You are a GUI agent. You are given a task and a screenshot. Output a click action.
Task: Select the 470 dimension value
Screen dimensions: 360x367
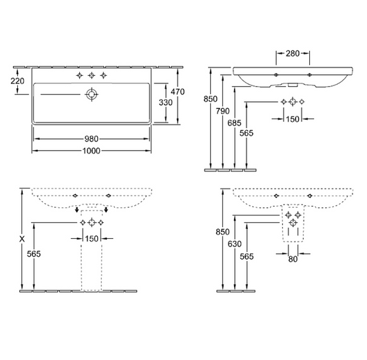[178, 91]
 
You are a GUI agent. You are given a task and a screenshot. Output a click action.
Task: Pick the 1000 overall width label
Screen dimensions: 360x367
[91, 151]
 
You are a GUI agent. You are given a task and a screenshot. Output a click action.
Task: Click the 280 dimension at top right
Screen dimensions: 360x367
[292, 53]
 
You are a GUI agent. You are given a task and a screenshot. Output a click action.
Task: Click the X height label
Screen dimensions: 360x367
[22, 239]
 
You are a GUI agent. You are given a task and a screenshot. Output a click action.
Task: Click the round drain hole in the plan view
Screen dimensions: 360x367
[91, 95]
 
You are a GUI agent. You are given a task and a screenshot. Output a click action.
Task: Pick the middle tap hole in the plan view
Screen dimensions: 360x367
[92, 74]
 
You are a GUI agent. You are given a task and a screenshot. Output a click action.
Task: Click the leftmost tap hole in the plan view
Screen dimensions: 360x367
[80, 74]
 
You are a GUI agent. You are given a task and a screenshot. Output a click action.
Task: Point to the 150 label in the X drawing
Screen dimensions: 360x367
[91, 239]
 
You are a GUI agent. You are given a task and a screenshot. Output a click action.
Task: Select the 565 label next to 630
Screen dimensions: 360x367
[247, 256]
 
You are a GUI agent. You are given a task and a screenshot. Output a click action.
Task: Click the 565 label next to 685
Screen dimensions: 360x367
[247, 134]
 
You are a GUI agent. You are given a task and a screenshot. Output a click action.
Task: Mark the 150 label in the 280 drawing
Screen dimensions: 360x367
[292, 119]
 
